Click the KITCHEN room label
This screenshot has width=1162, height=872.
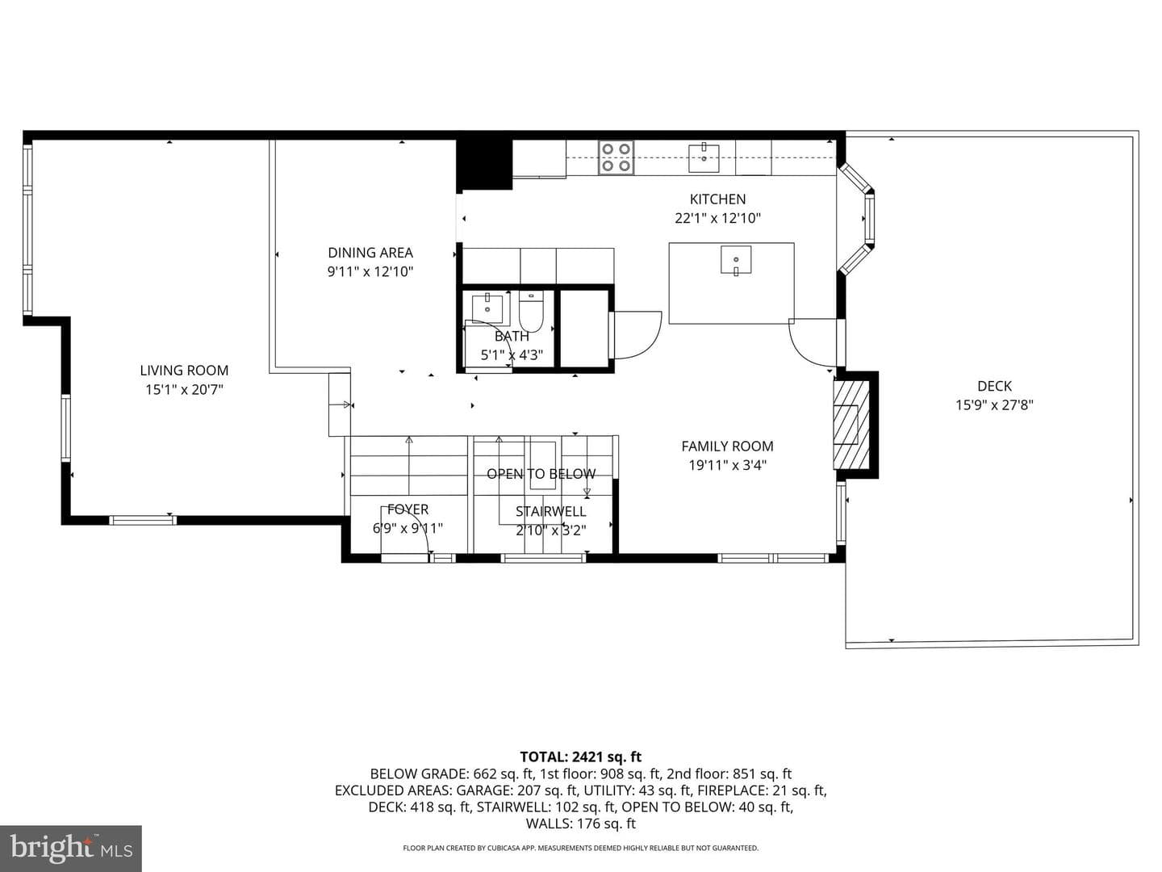click(717, 199)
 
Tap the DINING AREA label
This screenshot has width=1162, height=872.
click(370, 253)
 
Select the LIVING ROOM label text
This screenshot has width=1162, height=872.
click(184, 371)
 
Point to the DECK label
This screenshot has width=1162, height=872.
click(994, 386)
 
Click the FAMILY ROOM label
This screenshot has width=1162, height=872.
click(727, 446)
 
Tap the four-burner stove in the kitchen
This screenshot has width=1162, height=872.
click(617, 157)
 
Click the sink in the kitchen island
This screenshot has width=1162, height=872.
click(736, 260)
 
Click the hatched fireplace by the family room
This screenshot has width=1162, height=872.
click(851, 425)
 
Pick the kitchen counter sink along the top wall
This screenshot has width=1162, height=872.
click(704, 157)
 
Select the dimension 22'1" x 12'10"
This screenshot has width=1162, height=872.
click(717, 218)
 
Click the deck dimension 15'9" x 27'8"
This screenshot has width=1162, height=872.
click(994, 405)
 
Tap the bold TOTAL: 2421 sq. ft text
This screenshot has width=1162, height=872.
click(581, 757)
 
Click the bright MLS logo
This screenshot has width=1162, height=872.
click(71, 848)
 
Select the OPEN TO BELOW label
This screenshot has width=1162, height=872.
click(541, 474)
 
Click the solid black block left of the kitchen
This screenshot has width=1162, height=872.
click(484, 165)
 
